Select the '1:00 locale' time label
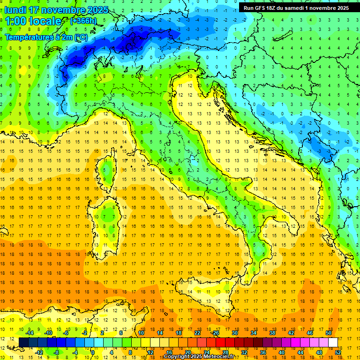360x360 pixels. coord(33,21)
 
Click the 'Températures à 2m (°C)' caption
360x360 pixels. coord(46,37)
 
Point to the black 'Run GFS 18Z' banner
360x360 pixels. coord(296,8)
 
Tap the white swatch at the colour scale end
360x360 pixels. coord(333,342)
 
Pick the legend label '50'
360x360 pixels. coord(328,332)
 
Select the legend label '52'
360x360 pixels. coord(338,352)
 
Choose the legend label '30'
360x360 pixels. coord(235,332)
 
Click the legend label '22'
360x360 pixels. coord(197,332)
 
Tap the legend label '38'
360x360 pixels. coord(272,332)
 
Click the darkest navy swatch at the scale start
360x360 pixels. coord(23,342)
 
